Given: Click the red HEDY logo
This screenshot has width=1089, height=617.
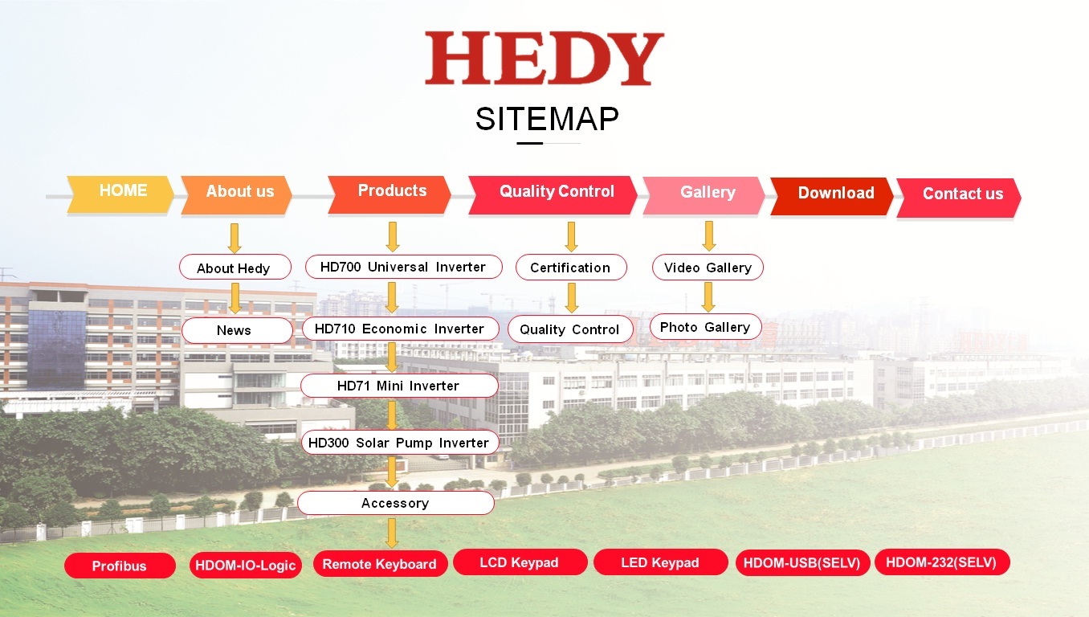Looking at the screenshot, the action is point(544,59).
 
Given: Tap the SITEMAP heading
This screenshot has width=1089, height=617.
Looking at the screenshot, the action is point(547,119).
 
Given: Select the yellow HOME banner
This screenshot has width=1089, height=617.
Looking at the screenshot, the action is point(120,194).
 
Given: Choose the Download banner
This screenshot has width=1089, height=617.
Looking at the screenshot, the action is point(832,196).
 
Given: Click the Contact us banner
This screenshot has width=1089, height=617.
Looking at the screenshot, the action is point(959,198).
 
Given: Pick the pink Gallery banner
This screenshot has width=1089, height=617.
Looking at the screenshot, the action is point(704,195).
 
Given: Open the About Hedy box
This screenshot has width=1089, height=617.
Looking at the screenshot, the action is point(235,267).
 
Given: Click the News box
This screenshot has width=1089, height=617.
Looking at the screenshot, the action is point(237,330).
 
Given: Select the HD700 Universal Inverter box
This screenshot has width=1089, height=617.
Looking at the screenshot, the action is point(403,267).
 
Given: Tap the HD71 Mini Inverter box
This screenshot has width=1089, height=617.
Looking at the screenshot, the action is point(399,386).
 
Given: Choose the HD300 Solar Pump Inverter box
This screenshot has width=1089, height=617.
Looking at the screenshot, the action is point(400,443).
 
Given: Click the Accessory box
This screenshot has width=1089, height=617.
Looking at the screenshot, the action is point(396,503).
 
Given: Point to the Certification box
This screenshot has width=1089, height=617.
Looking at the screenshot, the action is point(571,267).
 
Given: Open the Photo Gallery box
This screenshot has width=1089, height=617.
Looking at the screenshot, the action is point(706,327).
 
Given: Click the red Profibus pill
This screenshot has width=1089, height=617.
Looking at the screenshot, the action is point(120,566).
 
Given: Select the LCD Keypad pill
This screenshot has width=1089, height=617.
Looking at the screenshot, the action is point(520,562).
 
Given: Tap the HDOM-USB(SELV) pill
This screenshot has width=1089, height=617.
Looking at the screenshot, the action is point(802,563).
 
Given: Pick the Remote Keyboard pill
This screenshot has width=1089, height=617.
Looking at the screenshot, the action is point(380,564).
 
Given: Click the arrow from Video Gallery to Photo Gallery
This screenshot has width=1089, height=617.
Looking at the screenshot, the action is point(708,297).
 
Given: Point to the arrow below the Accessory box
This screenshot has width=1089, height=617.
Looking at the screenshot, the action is point(392,533).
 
